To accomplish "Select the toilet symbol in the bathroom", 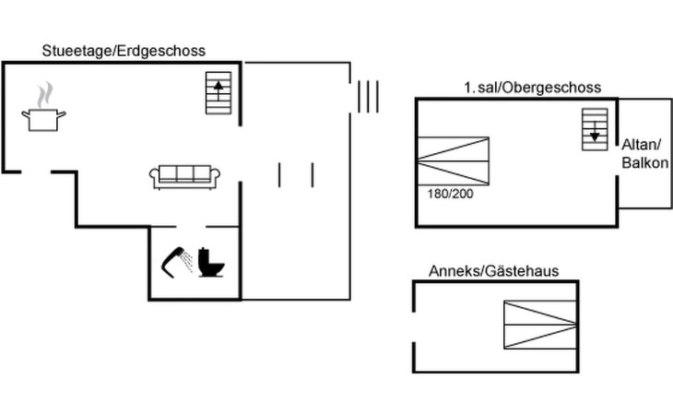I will point(212,262).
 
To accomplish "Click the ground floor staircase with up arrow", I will point(218,93).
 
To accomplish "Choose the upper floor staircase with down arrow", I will point(595,128).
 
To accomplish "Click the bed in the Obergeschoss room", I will point(453,161).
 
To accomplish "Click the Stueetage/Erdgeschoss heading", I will point(124,51).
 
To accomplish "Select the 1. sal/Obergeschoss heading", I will point(532,88).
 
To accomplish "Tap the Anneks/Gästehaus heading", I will point(493,270).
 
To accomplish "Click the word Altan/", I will point(642,144).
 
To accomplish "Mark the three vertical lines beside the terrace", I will point(368,95).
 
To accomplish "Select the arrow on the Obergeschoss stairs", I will point(595,135).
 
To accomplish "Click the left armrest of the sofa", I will point(154,177).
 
